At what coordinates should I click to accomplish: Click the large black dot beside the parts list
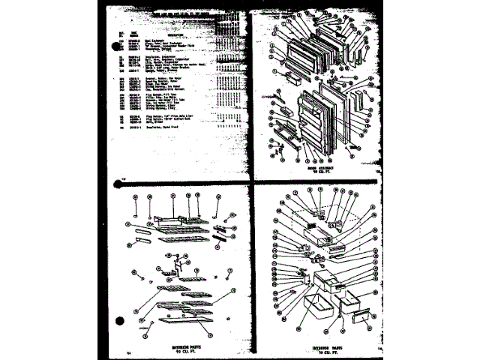pos(115,49)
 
